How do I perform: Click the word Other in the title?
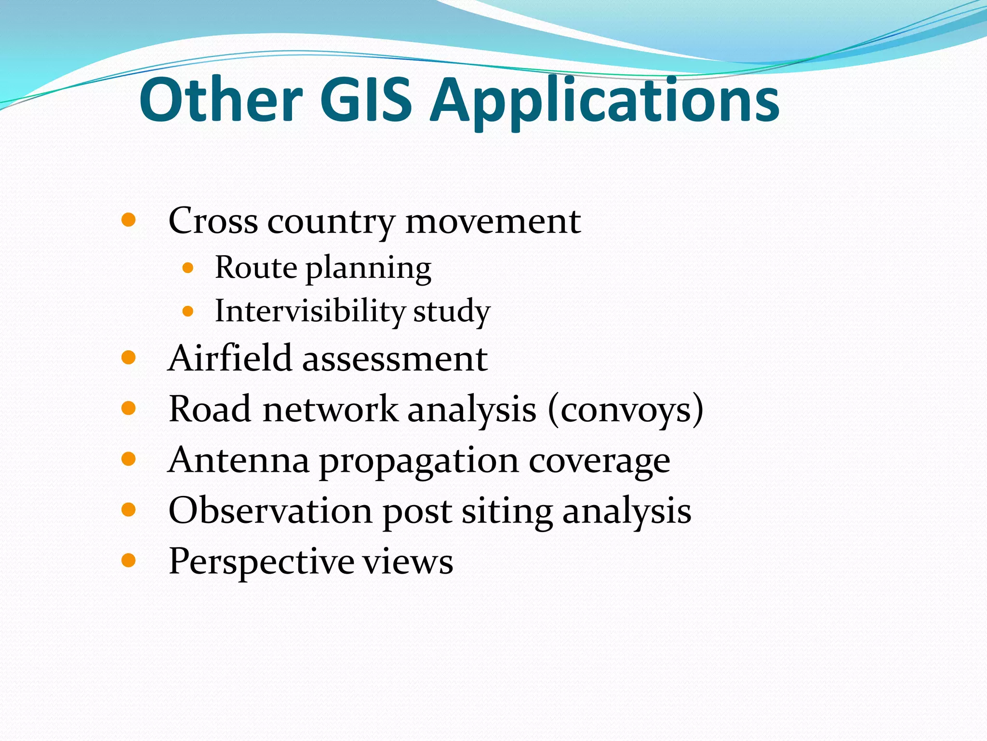click(x=221, y=100)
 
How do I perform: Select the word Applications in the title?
click(x=604, y=101)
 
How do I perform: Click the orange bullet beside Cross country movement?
click(x=128, y=220)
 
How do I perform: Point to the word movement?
click(x=493, y=221)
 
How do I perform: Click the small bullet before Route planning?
click(x=188, y=268)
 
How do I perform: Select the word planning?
click(x=369, y=269)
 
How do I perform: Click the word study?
click(x=452, y=312)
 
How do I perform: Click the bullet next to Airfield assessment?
click(x=128, y=358)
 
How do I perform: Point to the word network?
click(x=331, y=409)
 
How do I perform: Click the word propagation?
click(x=419, y=462)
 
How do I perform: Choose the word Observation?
click(x=270, y=510)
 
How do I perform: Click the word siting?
click(x=507, y=512)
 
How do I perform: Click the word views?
click(x=408, y=562)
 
